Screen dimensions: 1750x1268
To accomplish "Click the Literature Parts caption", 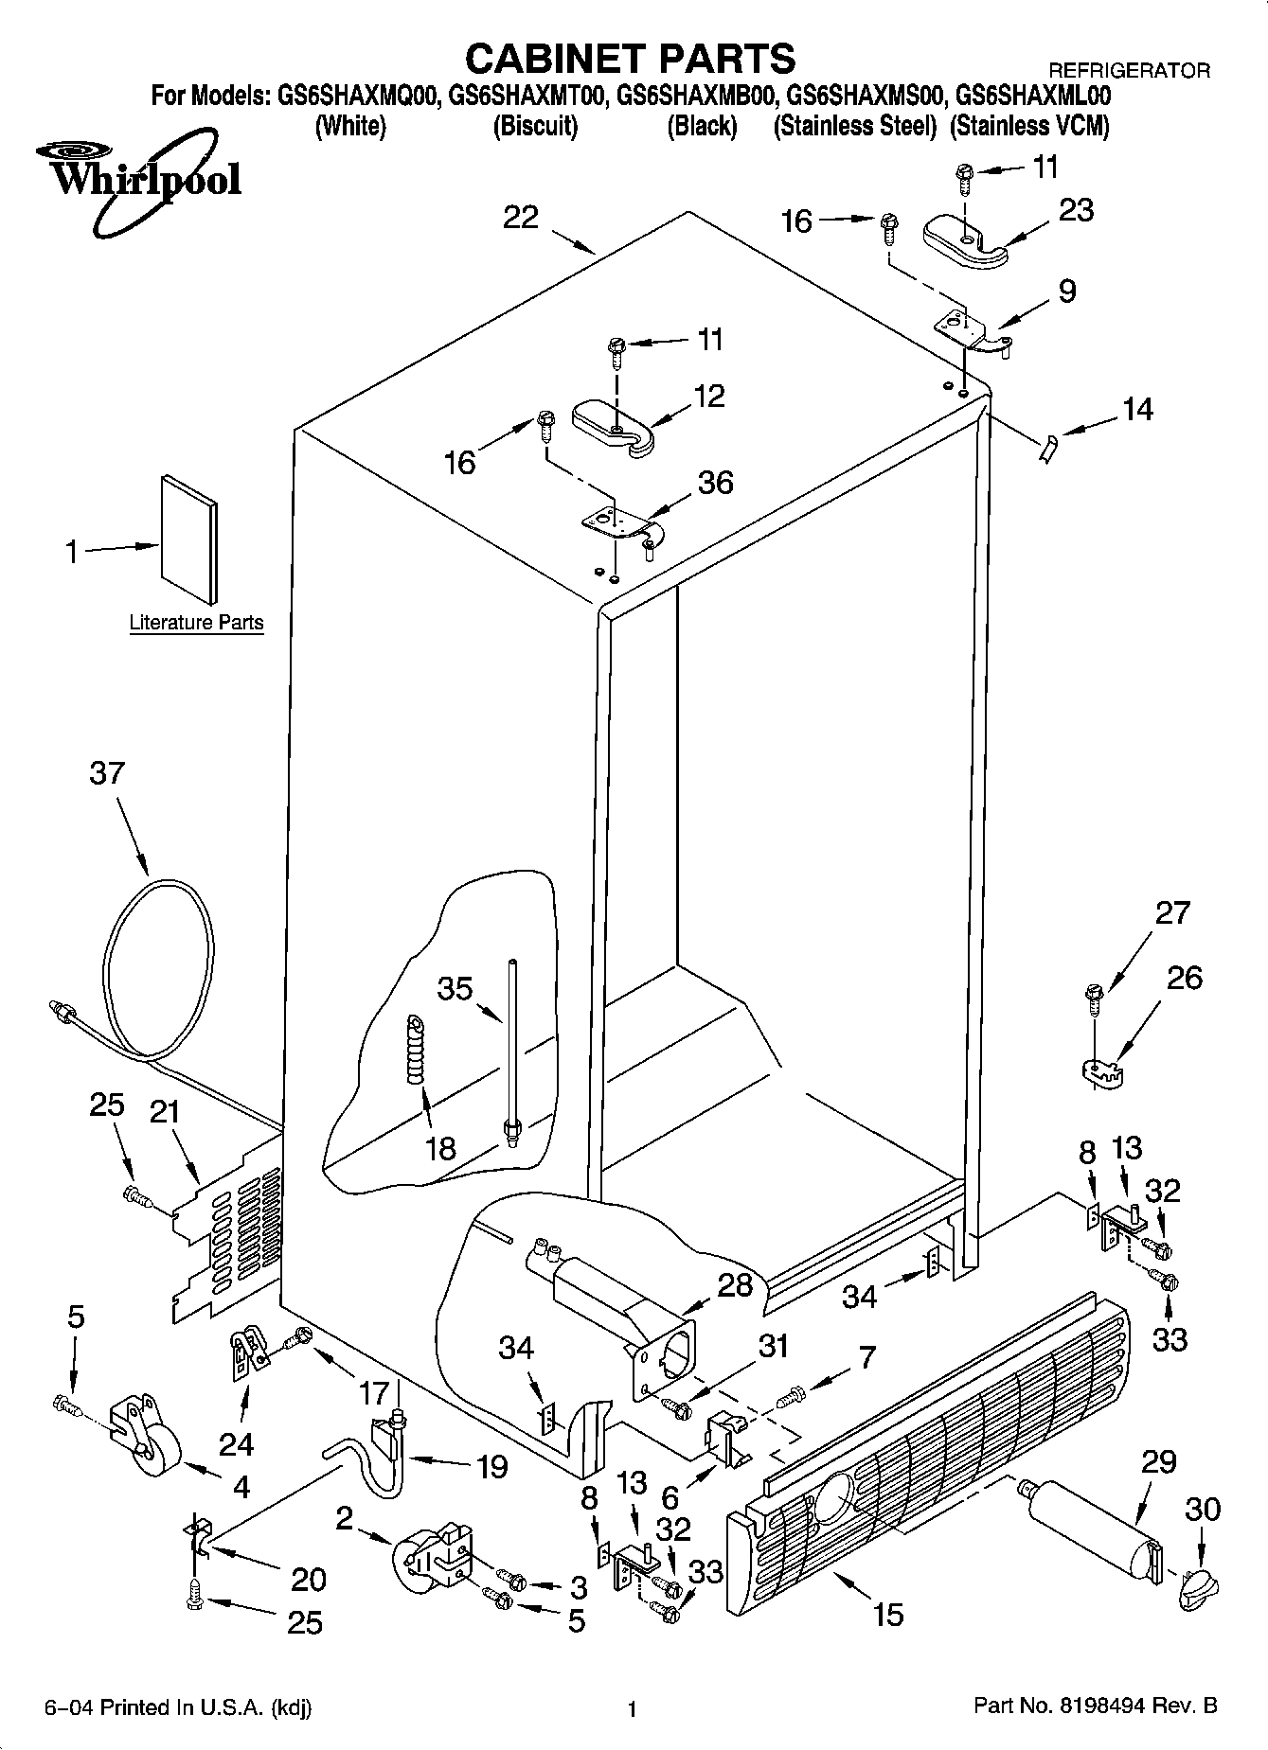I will click(196, 623).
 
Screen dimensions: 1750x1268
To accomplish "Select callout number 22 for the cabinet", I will click(520, 218).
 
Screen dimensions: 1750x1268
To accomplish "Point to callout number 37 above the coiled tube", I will click(106, 773).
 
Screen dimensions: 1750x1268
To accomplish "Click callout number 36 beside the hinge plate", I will click(715, 483).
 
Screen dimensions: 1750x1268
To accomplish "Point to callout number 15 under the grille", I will click(887, 1614).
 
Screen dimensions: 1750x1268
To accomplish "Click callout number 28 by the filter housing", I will click(735, 1285).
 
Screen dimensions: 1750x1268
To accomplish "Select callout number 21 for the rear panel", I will click(165, 1111).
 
